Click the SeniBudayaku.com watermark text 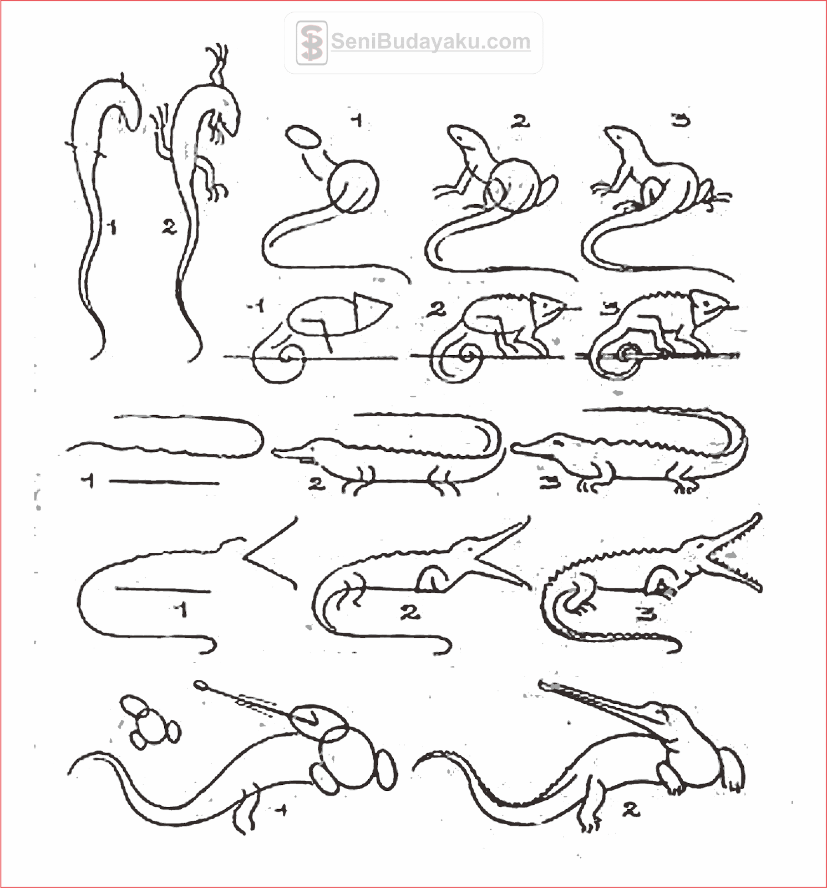[x=430, y=42]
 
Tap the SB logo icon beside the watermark [x=311, y=43]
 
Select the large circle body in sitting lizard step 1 [x=354, y=186]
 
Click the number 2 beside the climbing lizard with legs [x=169, y=226]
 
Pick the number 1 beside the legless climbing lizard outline [x=113, y=226]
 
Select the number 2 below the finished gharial [x=631, y=810]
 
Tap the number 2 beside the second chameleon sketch [x=437, y=310]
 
